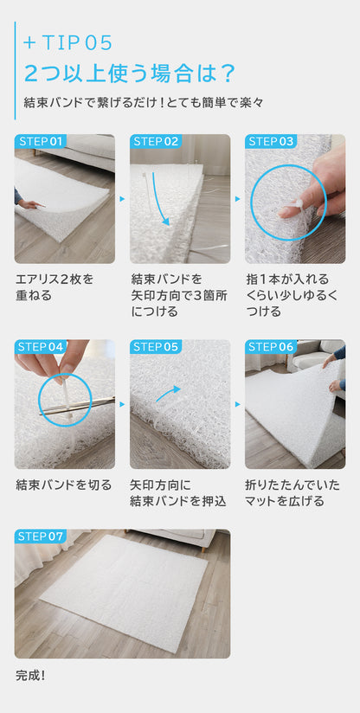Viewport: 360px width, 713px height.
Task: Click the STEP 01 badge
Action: (40, 141)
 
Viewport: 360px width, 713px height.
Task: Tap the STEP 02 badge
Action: (156, 141)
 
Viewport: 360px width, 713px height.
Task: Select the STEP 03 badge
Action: (270, 141)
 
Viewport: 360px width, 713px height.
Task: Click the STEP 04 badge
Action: (40, 347)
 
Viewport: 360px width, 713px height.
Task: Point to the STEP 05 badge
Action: (156, 347)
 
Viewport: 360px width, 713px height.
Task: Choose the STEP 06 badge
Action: (270, 347)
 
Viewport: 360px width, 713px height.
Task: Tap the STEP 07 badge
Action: (40, 536)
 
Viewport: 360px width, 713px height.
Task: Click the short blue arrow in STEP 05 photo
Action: (168, 394)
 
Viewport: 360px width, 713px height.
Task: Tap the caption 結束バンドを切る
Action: (64, 485)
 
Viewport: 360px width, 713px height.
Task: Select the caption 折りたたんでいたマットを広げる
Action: (292, 493)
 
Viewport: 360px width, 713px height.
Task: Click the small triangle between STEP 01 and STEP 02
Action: (122, 199)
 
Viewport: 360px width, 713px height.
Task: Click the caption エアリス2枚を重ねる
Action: (55, 287)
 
